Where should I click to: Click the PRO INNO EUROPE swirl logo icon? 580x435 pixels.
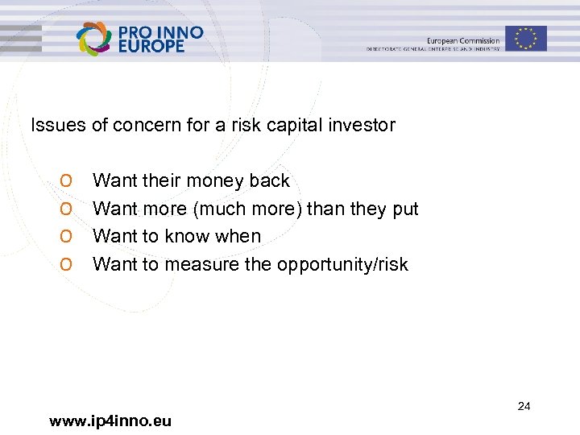click(93, 38)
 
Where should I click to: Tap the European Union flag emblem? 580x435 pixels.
click(526, 38)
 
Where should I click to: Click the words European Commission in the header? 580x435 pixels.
click(463, 40)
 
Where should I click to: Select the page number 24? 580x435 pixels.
click(524, 406)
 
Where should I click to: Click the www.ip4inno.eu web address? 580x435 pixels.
click(110, 420)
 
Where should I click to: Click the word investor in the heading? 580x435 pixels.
click(364, 125)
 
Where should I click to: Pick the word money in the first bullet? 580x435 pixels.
click(216, 180)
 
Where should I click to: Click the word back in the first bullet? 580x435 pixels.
click(270, 180)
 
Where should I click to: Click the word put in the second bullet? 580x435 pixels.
click(405, 209)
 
